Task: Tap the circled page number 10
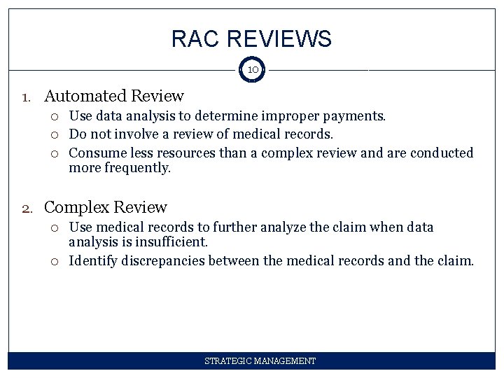253,70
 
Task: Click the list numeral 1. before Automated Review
26,97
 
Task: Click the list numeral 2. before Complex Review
26,208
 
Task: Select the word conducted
442,153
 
